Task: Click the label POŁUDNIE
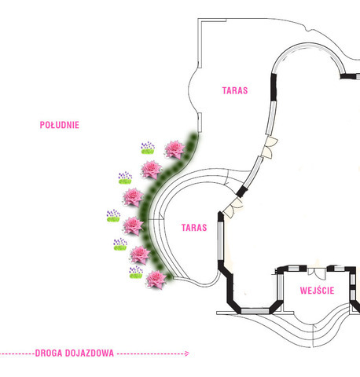60,125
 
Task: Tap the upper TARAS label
235,90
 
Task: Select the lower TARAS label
194,228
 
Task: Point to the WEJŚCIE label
317,291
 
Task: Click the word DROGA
49,353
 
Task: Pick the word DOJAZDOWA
90,353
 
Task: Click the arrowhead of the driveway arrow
186,353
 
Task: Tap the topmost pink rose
174,149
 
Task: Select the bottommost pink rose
156,280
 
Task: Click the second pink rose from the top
152,170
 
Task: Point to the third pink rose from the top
133,197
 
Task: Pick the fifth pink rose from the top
140,254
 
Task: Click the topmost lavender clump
148,148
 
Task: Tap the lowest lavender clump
136,273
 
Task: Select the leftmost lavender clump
113,216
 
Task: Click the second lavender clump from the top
125,178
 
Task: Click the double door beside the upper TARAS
270,147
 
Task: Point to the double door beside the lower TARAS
232,208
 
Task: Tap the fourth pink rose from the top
133,226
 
